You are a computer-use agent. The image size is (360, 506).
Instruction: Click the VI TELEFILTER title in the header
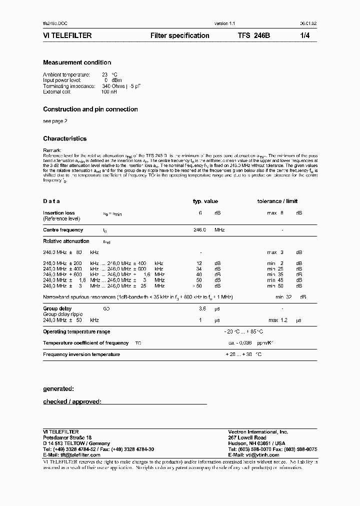[x=67, y=36]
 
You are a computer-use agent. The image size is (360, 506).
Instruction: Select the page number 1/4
[x=305, y=36]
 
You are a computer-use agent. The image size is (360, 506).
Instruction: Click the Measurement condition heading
[x=77, y=62]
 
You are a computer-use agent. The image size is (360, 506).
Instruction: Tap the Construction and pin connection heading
[x=90, y=109]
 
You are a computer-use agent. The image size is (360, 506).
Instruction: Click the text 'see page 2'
[x=55, y=121]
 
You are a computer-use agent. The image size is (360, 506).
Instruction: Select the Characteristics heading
[x=64, y=138]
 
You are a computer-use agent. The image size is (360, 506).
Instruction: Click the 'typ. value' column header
[x=205, y=201]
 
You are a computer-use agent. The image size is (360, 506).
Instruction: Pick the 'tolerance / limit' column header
[x=277, y=201]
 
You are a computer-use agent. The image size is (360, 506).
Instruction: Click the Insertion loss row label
[x=59, y=213]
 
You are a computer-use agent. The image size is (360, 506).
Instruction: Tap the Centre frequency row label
[x=63, y=230]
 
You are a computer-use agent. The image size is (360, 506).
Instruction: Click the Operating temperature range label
[x=76, y=331]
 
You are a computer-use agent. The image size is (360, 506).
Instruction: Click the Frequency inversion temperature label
[x=81, y=354]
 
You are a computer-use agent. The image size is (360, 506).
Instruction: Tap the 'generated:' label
[x=58, y=388]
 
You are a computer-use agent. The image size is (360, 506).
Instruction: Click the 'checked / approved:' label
[x=72, y=401]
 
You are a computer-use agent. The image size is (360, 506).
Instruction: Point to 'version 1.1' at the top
[x=224, y=23]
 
